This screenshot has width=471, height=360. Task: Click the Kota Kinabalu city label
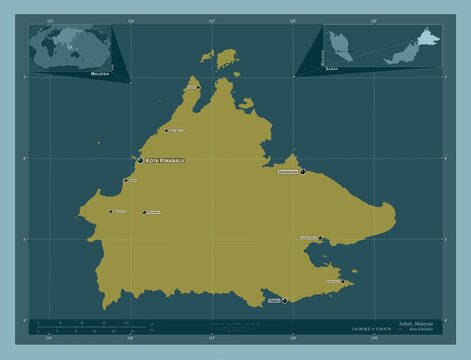(x=166, y=160)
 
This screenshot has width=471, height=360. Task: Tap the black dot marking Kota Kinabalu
(x=140, y=160)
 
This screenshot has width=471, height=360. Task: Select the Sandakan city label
(x=286, y=172)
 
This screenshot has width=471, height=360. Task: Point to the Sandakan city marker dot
(x=302, y=172)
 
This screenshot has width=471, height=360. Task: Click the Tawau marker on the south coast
(x=284, y=300)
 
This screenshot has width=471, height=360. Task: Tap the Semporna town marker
(x=343, y=281)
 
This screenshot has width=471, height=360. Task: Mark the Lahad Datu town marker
(x=320, y=238)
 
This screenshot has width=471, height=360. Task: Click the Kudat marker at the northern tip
(x=199, y=87)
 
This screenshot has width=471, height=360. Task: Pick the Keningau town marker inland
(x=144, y=212)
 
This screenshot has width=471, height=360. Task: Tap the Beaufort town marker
(x=111, y=211)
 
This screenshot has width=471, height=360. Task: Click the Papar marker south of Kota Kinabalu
(x=125, y=181)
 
